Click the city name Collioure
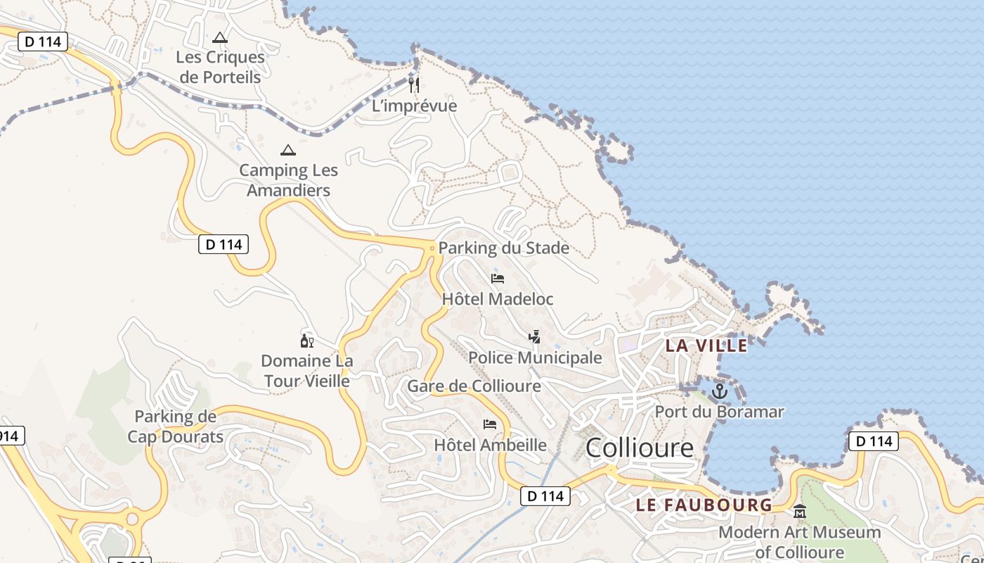pyautogui.click(x=639, y=448)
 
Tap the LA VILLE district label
pyautogui.click(x=706, y=346)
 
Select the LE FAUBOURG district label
pyautogui.click(x=704, y=505)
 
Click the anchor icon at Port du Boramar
pyautogui.click(x=719, y=391)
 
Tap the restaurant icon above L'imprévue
pyautogui.click(x=414, y=85)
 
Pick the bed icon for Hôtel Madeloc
pyautogui.click(x=498, y=279)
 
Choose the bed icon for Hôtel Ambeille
pyautogui.click(x=490, y=424)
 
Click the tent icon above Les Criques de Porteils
pyautogui.click(x=220, y=37)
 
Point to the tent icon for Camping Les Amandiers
pyautogui.click(x=287, y=150)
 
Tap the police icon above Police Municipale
pyautogui.click(x=535, y=337)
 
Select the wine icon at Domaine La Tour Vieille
pyautogui.click(x=306, y=341)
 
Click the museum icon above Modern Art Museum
pyautogui.click(x=799, y=512)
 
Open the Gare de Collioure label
pyautogui.click(x=474, y=386)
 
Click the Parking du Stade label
pyautogui.click(x=503, y=248)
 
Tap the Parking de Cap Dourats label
pyautogui.click(x=175, y=426)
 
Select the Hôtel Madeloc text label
pyautogui.click(x=498, y=298)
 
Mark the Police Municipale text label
pyautogui.click(x=535, y=358)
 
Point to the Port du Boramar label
pyautogui.click(x=719, y=412)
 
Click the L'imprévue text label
pyautogui.click(x=414, y=106)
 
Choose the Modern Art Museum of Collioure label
pyautogui.click(x=799, y=542)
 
